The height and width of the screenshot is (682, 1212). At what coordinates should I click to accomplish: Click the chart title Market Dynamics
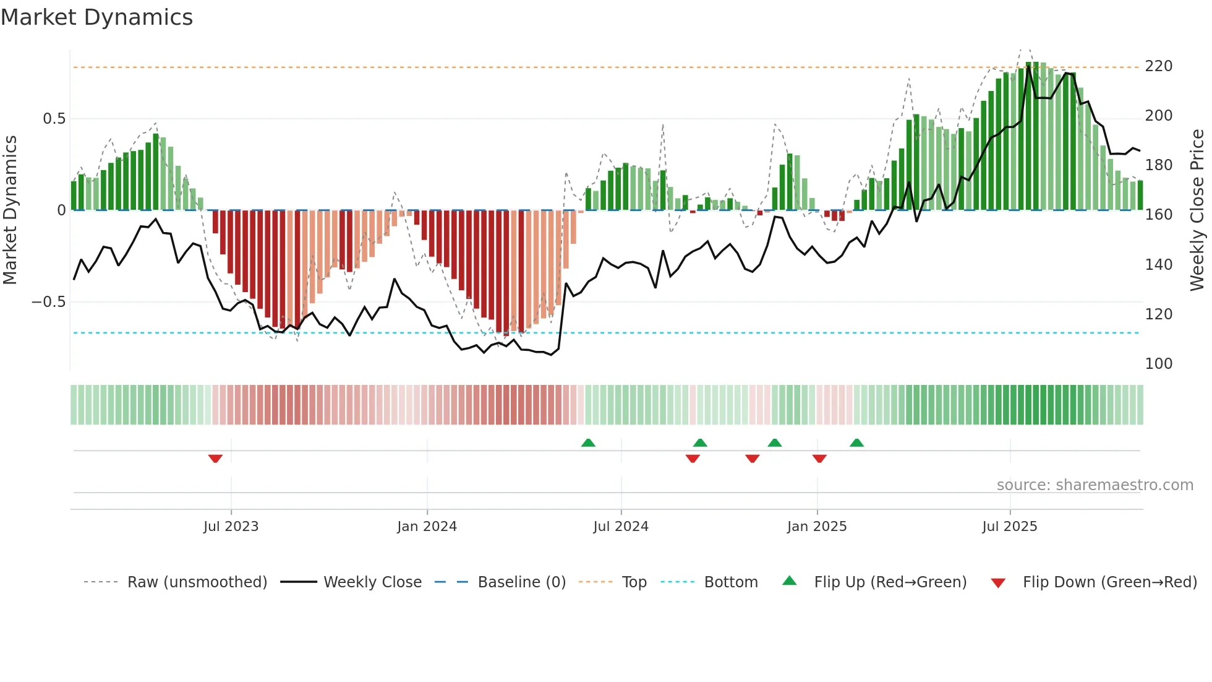96,17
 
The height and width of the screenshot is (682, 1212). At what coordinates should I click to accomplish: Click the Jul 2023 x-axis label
231,527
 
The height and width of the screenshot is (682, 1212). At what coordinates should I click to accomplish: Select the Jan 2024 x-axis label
427,527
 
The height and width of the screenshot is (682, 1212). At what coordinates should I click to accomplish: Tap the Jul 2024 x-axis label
621,527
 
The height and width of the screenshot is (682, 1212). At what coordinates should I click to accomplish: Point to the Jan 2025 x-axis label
817,527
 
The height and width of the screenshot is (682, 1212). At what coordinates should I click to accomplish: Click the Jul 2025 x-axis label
1010,527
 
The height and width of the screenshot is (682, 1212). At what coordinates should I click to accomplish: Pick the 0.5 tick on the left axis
54,119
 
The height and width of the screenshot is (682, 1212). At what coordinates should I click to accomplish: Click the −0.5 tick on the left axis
49,302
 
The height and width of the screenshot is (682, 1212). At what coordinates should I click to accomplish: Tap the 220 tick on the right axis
1158,66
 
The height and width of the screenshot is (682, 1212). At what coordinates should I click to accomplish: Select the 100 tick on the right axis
1158,364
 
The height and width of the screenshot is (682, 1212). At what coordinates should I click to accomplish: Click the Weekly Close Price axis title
1197,210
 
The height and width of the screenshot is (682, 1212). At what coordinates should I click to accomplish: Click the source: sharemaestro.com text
1095,485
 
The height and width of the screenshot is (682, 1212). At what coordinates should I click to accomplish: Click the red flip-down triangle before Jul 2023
215,459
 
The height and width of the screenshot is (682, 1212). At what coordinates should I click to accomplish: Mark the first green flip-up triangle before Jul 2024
588,442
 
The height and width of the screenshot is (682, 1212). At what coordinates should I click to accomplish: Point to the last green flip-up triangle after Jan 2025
856,442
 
